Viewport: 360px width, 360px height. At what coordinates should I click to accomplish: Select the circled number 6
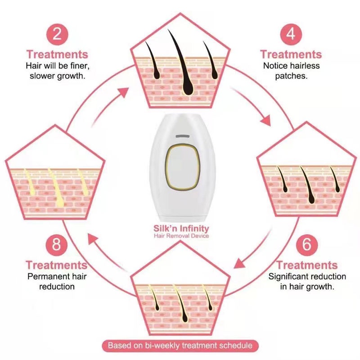(307, 245)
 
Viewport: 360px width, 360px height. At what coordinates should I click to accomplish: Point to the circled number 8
(57, 245)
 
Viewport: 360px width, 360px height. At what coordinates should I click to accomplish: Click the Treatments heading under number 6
(307, 265)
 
